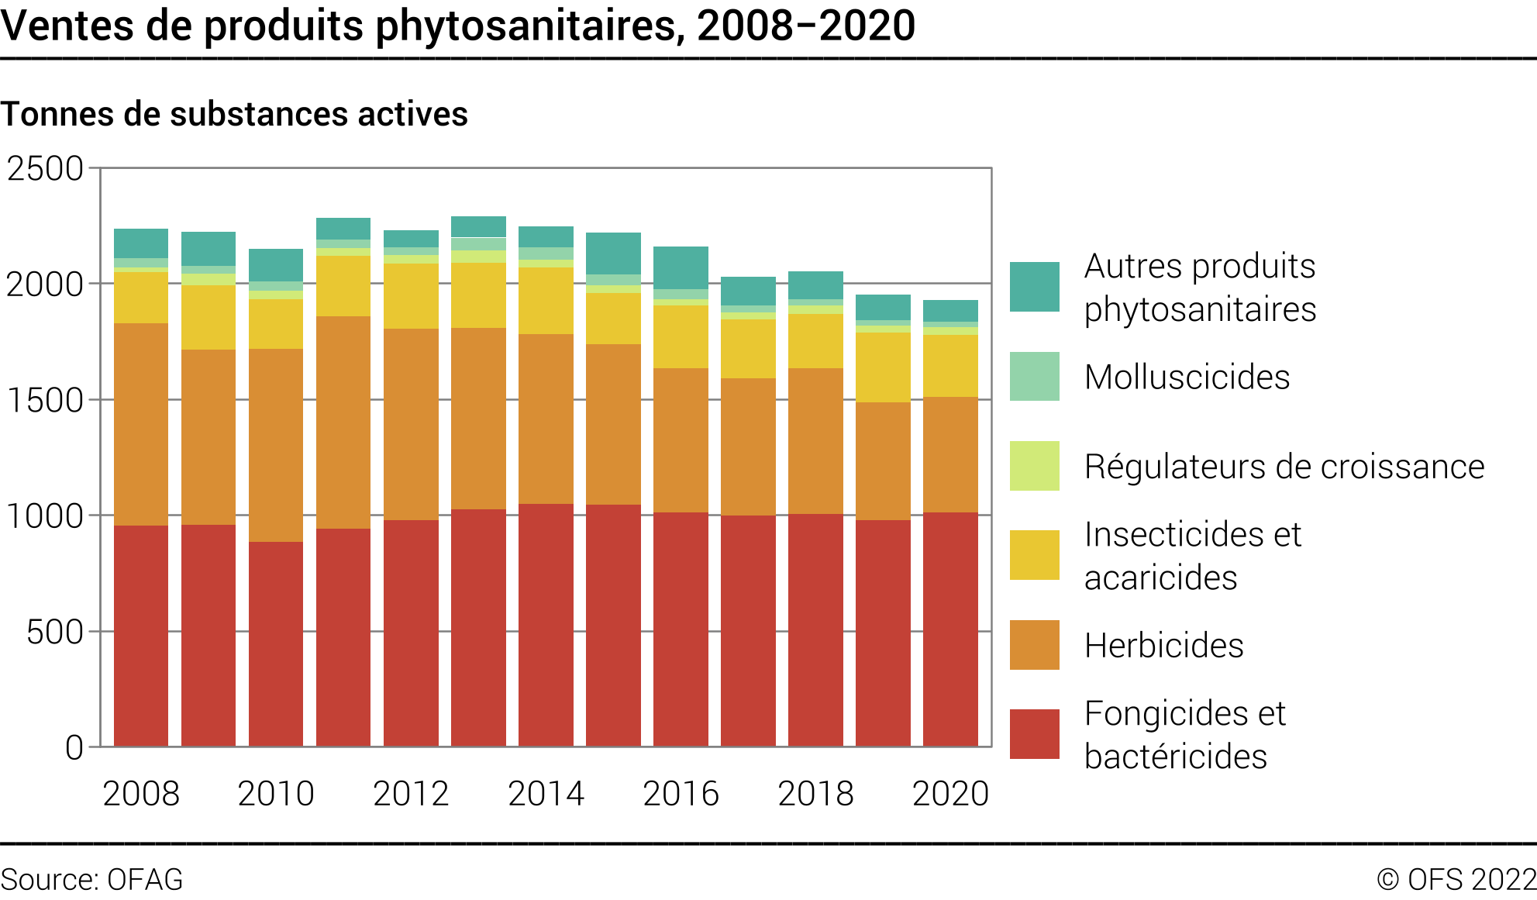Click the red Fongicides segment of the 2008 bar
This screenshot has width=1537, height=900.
click(x=141, y=636)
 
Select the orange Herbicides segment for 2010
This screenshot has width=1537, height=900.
click(x=276, y=445)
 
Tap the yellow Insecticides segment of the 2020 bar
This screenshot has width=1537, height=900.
click(x=950, y=366)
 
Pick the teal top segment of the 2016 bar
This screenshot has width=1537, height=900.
click(x=681, y=267)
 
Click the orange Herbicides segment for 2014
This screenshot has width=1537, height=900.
click(x=546, y=419)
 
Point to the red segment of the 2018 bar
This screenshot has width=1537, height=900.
click(x=815, y=629)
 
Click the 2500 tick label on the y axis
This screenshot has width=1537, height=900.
click(x=45, y=168)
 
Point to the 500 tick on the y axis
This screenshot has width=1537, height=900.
click(x=54, y=632)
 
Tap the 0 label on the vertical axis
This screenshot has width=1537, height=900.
click(x=74, y=747)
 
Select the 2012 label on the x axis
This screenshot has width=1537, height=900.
click(x=411, y=793)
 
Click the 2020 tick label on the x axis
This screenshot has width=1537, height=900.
click(x=950, y=793)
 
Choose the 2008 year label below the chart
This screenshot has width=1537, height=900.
click(x=141, y=793)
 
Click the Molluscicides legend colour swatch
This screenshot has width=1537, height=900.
click(x=1034, y=376)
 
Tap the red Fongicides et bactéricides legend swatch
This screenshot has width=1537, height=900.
click(x=1034, y=733)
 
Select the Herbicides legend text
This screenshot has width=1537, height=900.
click(x=1163, y=645)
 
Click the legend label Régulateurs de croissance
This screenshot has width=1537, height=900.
click(x=1284, y=467)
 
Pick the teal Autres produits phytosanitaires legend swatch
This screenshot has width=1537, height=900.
click(x=1034, y=287)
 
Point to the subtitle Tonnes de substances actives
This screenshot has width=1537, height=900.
click(x=234, y=114)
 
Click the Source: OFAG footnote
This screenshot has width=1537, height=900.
click(x=91, y=880)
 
